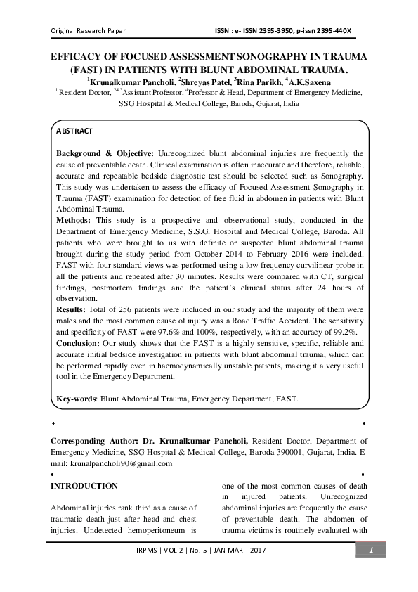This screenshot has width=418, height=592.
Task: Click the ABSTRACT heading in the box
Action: [74, 131]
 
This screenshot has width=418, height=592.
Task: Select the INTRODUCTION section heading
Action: [84, 486]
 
